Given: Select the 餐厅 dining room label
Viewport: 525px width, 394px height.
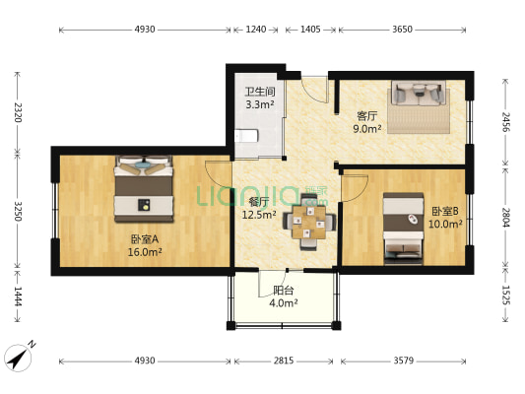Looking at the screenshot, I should pyautogui.click(x=259, y=203).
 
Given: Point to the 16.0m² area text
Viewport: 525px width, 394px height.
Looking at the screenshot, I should pyautogui.click(x=144, y=252).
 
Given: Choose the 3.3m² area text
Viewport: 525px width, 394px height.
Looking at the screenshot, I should pyautogui.click(x=259, y=103).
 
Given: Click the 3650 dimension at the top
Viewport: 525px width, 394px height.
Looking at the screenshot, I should pyautogui.click(x=402, y=30).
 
